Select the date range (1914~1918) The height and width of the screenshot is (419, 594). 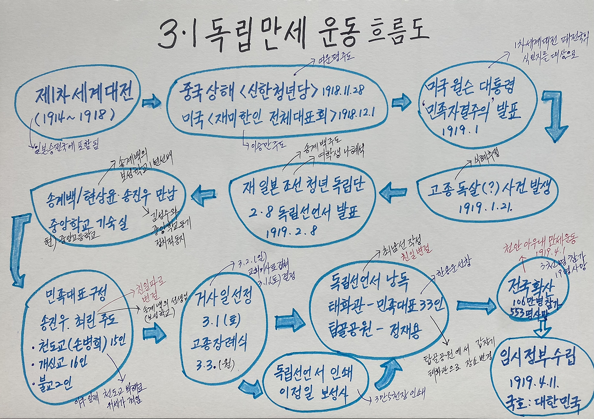pyautogui.click(x=74, y=117)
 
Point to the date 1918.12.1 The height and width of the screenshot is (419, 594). pyautogui.click(x=357, y=114)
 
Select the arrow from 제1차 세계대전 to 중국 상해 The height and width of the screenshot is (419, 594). pyautogui.click(x=151, y=102)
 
